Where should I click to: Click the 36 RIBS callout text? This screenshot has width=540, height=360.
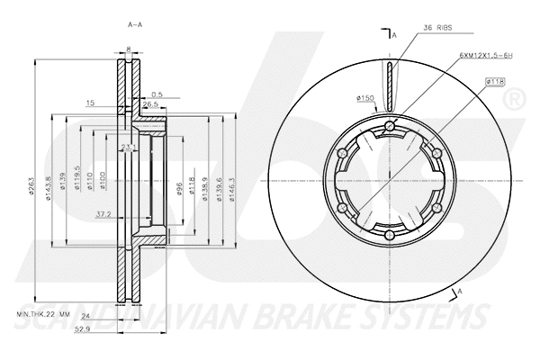[x=437, y=29]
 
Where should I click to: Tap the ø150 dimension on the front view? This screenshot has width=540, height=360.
[x=365, y=97]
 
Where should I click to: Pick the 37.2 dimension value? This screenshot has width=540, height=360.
[x=104, y=215]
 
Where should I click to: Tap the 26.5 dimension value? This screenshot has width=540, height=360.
[x=150, y=104]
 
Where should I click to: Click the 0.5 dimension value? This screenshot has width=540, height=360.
[x=158, y=94]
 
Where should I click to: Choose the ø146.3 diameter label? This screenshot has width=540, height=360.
[x=231, y=184]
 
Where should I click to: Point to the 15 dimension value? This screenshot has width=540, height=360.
[x=91, y=104]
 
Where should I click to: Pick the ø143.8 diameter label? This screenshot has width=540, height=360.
[x=48, y=184]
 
